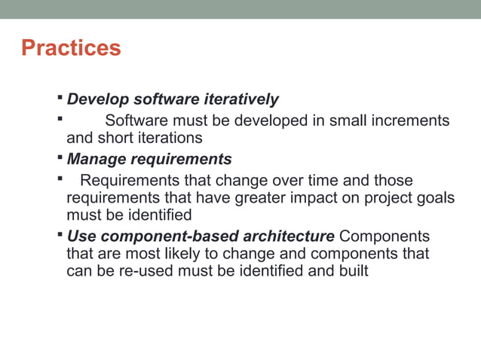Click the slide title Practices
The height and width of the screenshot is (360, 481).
(71, 48)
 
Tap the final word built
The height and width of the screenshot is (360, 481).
(351, 270)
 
